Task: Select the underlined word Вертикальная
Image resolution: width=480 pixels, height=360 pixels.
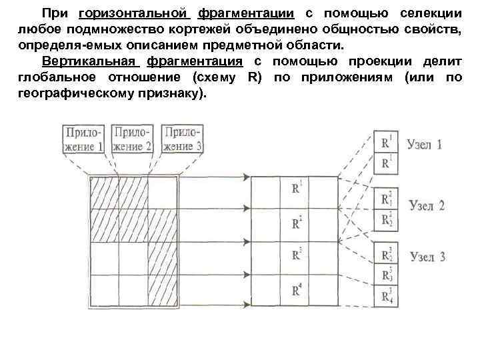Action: point(89,61)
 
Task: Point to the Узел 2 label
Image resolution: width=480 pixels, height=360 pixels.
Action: point(426,205)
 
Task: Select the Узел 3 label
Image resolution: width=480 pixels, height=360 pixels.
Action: point(427,257)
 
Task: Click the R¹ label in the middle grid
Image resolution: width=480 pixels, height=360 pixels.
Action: point(297,189)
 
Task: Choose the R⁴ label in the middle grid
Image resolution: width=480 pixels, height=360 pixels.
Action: point(297,290)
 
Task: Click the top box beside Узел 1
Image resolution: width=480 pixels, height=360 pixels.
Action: point(386,143)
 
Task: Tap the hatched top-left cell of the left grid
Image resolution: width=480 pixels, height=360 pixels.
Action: point(103,194)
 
